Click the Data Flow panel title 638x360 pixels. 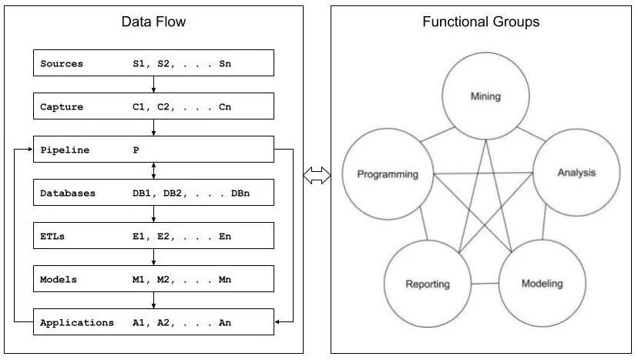point(154,22)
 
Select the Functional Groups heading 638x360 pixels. point(481,22)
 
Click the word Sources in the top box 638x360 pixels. point(62,63)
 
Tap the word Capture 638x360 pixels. point(62,106)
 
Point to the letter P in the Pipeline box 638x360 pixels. point(136,150)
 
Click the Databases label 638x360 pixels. point(68,193)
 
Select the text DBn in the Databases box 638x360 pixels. point(240,193)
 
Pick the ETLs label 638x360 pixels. point(53,237)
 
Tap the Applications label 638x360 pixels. point(76,323)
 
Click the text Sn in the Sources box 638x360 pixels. point(224,63)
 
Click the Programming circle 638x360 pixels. point(387,174)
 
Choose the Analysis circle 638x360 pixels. point(576,173)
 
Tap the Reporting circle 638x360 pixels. point(428,284)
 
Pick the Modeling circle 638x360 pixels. point(542,283)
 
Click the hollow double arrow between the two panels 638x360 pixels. point(316,177)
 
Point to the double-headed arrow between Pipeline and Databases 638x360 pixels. point(154,171)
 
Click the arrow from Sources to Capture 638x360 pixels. point(154,85)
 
